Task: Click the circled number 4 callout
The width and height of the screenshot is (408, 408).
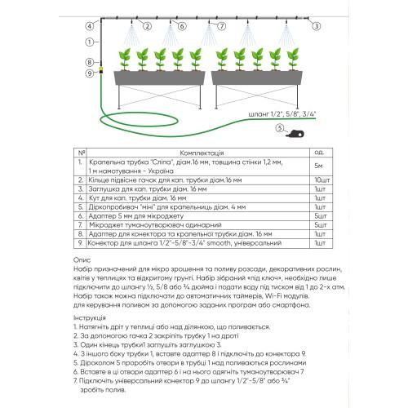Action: coord(90,26)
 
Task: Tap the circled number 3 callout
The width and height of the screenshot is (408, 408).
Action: coord(316,26)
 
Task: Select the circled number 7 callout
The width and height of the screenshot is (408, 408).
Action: coord(222,26)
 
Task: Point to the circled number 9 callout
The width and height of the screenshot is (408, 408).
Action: coord(90,73)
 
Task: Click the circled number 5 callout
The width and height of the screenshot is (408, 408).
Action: coord(280,128)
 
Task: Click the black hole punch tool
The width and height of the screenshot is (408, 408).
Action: coord(295,134)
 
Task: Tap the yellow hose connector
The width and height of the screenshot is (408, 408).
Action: coord(101,71)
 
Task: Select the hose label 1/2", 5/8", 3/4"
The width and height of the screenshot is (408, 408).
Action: coord(282,114)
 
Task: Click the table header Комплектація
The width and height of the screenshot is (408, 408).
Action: coord(202,153)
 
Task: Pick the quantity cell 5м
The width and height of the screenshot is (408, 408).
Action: coord(318,166)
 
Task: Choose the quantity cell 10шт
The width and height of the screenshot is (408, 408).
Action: coord(322,180)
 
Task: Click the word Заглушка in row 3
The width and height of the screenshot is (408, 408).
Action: coord(103,189)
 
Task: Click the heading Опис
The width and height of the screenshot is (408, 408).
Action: coord(82,260)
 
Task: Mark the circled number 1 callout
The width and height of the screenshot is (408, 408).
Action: coord(89,42)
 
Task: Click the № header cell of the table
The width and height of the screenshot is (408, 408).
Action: coord(81,153)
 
